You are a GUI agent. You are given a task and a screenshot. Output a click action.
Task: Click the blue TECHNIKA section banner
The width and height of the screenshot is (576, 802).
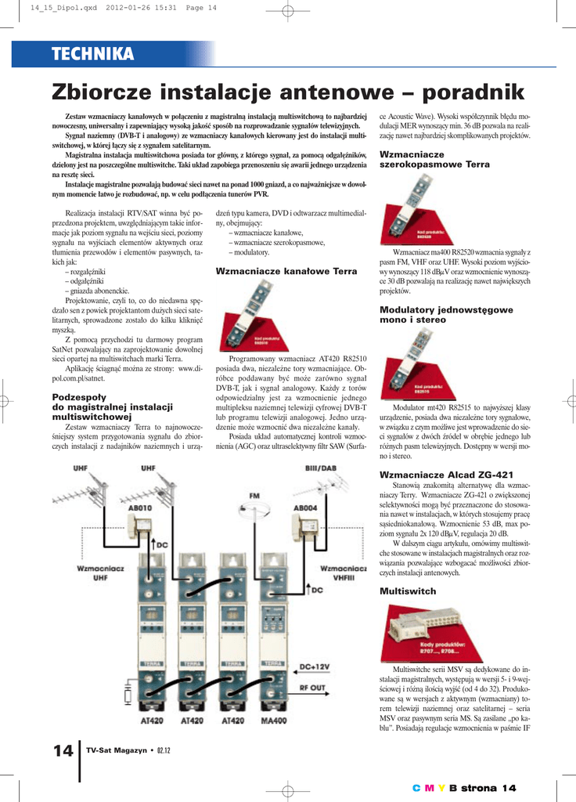click(x=92, y=53)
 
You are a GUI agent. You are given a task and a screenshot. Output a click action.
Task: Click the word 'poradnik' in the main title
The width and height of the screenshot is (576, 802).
click(x=472, y=92)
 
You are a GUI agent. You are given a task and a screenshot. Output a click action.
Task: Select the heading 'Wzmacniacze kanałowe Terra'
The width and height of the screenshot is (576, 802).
click(x=286, y=271)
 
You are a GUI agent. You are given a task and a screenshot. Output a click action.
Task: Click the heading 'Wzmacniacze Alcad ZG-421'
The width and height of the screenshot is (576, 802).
click(x=446, y=475)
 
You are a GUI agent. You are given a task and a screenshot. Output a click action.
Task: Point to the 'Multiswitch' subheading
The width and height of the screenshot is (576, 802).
click(x=408, y=591)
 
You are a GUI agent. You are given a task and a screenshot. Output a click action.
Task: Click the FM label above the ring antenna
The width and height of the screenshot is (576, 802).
click(x=254, y=497)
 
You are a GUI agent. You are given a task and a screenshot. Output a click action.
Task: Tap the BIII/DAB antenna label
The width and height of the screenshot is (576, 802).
click(x=320, y=469)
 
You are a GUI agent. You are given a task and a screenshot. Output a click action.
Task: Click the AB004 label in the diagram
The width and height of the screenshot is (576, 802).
click(x=305, y=508)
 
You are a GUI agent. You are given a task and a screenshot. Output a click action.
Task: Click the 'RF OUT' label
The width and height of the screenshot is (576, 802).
click(x=313, y=688)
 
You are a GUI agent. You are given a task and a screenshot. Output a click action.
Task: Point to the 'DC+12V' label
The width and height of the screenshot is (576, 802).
click(x=315, y=667)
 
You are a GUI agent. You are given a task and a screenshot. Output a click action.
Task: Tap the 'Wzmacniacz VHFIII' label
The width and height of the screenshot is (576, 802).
click(x=344, y=572)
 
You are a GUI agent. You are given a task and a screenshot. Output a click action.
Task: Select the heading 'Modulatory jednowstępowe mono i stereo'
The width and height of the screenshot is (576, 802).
click(x=446, y=315)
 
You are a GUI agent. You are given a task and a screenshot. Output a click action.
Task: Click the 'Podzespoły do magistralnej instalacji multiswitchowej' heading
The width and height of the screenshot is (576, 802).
click(x=112, y=407)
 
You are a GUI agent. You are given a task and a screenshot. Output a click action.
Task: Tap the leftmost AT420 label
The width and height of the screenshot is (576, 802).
click(x=150, y=720)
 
